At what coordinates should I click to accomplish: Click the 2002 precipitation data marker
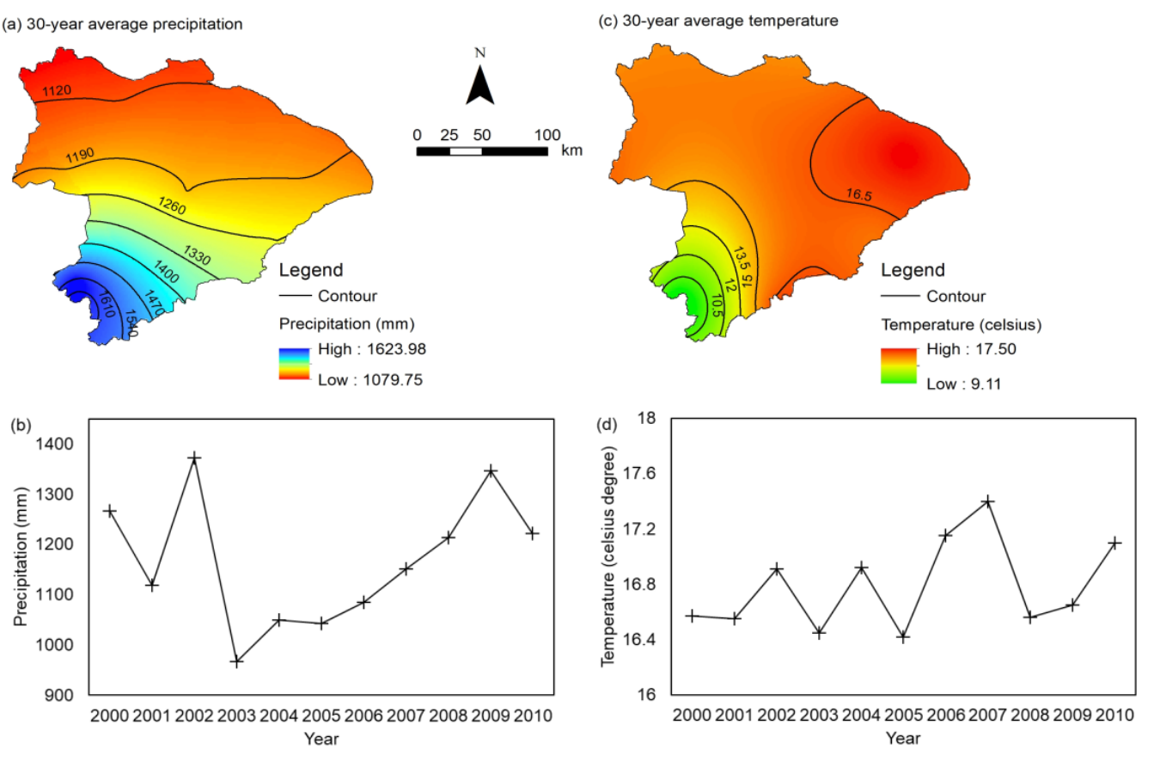click(x=194, y=458)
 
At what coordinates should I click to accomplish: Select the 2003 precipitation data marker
click(x=236, y=661)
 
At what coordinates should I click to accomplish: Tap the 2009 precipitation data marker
click(x=491, y=471)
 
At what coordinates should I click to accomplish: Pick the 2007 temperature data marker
click(x=988, y=501)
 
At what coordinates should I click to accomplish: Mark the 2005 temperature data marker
click(x=903, y=637)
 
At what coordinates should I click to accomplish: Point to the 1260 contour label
click(x=172, y=205)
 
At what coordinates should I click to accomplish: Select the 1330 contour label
click(x=198, y=255)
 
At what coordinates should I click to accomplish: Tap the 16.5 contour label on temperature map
click(x=858, y=195)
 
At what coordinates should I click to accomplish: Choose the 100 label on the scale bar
click(x=547, y=135)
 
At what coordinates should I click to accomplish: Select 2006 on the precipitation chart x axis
click(x=363, y=716)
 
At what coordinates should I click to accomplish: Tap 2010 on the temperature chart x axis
click(x=1114, y=715)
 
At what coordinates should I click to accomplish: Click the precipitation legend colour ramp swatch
click(x=294, y=364)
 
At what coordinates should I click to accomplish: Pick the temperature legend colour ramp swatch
click(x=899, y=365)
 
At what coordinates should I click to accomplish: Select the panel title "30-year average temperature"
click(x=730, y=21)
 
